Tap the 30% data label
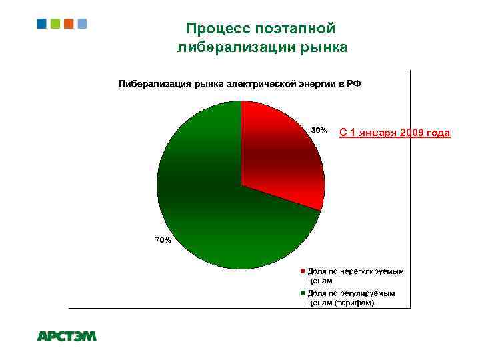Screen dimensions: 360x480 point(319,130)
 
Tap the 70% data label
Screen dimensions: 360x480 point(163,240)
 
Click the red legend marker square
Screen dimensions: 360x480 point(302,272)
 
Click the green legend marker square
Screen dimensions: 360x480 point(302,293)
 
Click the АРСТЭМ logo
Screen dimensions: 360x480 point(67,337)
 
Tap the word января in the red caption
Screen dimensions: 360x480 point(372,133)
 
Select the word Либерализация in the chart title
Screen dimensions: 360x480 point(155,84)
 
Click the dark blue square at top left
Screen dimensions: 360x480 point(42,23)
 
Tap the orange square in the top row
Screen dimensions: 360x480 point(68,23)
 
